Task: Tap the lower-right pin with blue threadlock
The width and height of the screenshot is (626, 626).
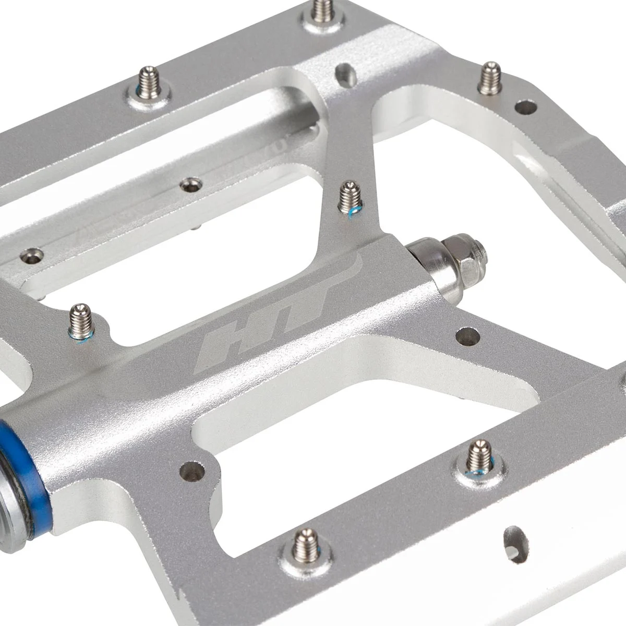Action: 479,454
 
